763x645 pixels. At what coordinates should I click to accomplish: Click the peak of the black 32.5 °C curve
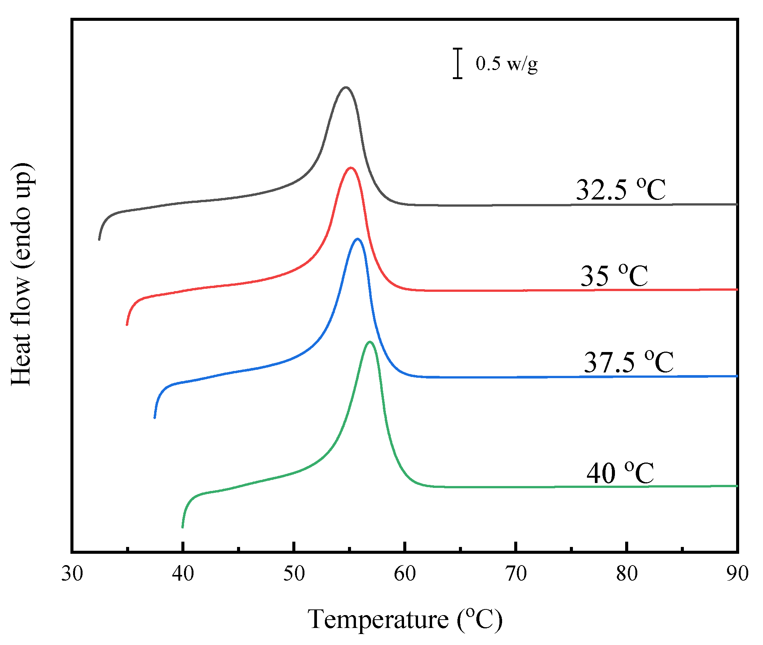[x=345, y=88]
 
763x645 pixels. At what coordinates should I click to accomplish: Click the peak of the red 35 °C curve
[x=351, y=168]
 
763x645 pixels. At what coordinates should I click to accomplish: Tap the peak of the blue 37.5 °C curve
[x=357, y=239]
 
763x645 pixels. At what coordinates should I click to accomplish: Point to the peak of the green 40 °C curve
[x=370, y=342]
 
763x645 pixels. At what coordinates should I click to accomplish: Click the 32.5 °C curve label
[x=620, y=189]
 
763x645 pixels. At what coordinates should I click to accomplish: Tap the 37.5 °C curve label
[x=628, y=362]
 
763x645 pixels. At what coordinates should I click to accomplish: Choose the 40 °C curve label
[x=620, y=473]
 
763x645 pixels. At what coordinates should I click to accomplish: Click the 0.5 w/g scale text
[x=506, y=63]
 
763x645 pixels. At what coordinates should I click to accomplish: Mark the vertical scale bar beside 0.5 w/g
[x=458, y=63]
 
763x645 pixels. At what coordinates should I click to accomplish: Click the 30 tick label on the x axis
[x=72, y=573]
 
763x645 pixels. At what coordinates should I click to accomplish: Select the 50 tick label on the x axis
[x=294, y=573]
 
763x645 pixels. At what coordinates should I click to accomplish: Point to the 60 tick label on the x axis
[x=405, y=573]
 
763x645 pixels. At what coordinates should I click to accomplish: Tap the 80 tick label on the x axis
[x=627, y=573]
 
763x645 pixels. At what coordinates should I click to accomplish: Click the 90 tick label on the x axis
[x=737, y=573]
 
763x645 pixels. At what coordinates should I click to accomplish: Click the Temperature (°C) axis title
[x=404, y=620]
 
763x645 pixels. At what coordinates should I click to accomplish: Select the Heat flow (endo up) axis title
[x=22, y=274]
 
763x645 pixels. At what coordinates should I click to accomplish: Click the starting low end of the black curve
[x=99, y=239]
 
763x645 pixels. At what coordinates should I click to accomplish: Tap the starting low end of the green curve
[x=183, y=527]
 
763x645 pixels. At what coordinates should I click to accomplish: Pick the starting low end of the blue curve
[x=155, y=418]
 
